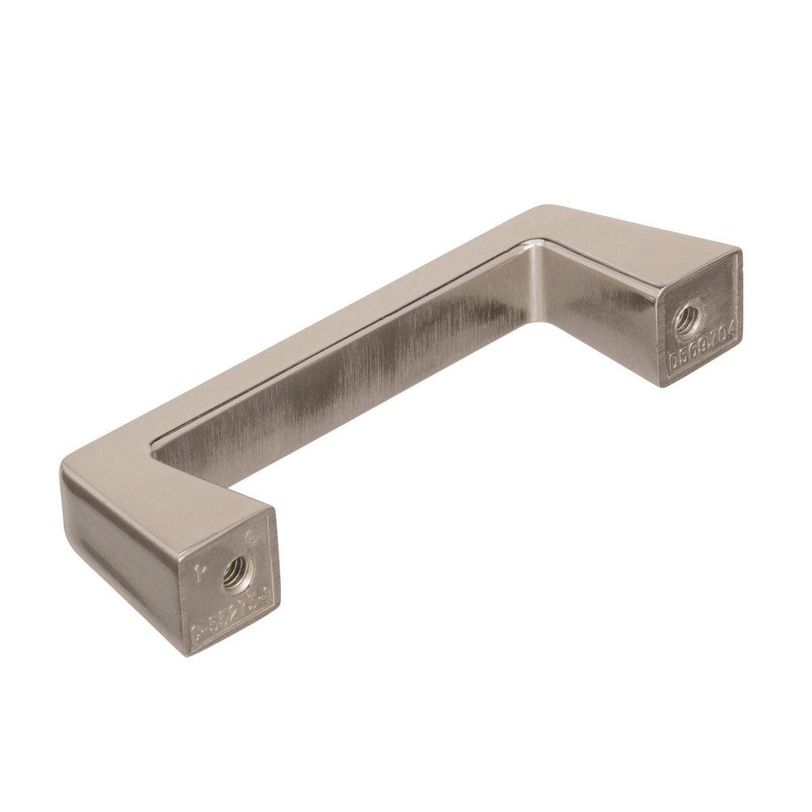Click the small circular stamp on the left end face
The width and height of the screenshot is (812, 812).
click(250, 537)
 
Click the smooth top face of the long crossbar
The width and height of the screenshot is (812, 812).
click(325, 341)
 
